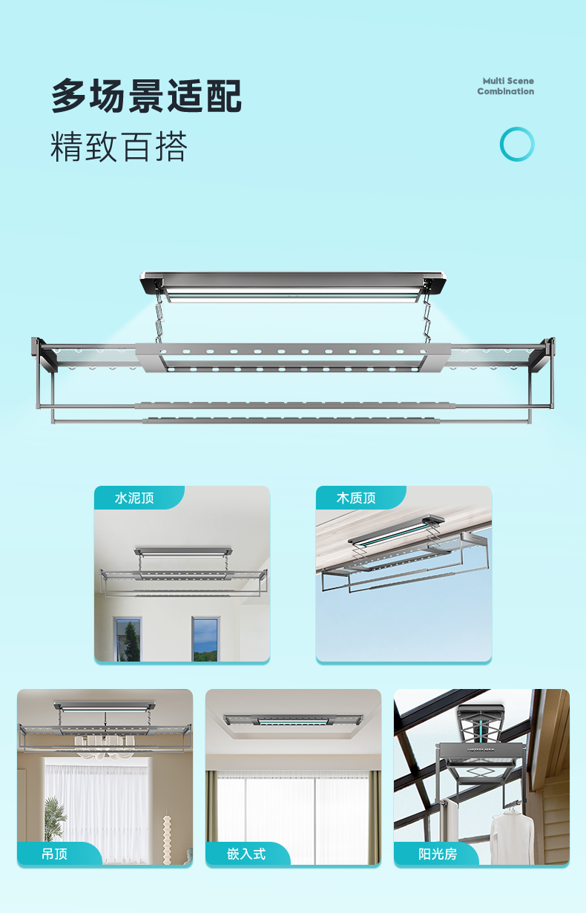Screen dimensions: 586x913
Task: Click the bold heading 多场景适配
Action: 146,96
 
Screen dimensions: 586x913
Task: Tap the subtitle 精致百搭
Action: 119,147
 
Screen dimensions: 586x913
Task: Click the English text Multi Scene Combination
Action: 506,86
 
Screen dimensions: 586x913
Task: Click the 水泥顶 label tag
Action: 139,497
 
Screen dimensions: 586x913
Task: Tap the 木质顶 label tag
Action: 361,497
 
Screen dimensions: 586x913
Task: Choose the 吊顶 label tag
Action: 59,853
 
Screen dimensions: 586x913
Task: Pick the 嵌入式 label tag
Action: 248,853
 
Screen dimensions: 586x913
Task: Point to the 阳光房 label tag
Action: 436,853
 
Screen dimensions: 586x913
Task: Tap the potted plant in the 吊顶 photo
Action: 54,820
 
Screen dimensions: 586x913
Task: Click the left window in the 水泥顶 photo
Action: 128,639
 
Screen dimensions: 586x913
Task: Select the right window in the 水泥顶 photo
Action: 205,639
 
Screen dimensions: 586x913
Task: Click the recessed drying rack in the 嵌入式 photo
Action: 293,720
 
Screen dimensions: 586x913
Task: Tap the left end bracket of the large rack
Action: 44,355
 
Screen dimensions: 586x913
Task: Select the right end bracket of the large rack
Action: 542,355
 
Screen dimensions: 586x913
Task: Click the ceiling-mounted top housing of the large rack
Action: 293,284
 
